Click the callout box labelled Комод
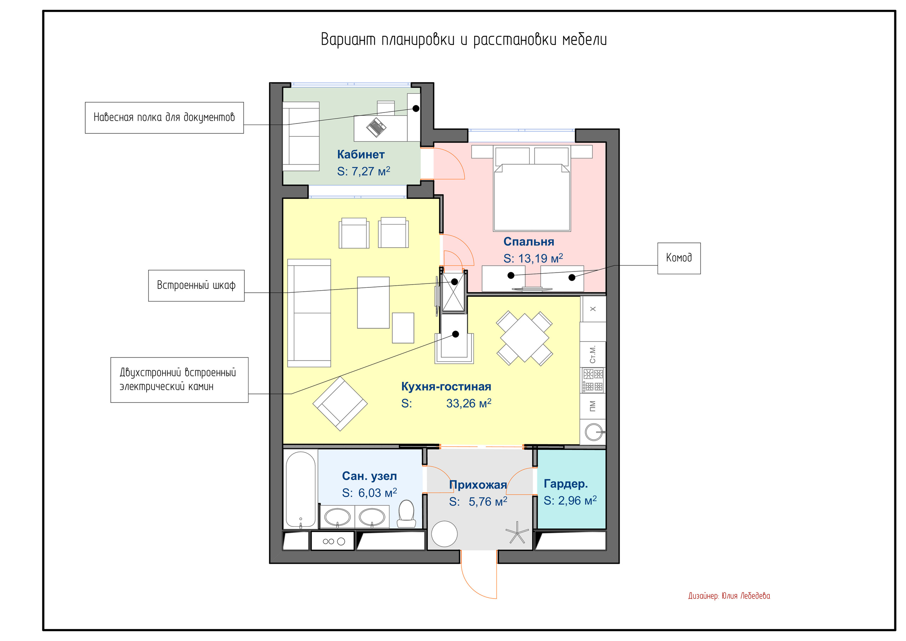(679, 258)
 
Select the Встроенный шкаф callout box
(196, 285)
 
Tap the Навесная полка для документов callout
(164, 118)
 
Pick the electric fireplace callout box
(179, 380)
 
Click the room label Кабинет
(361, 154)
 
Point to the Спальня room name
(529, 241)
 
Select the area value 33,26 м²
(469, 404)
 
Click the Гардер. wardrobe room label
(566, 483)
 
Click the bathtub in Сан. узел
(300, 490)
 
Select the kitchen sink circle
(594, 432)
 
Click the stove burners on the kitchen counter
(593, 380)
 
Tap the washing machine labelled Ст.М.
(593, 354)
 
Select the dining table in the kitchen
(524, 338)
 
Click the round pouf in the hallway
(444, 534)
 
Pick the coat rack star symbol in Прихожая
(517, 532)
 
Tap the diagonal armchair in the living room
(340, 404)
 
